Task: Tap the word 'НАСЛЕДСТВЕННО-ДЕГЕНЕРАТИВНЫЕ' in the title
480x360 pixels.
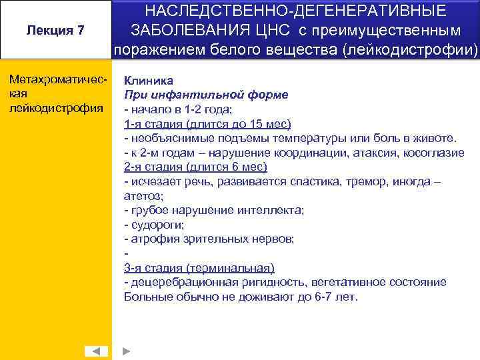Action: pyautogui.click(x=296, y=11)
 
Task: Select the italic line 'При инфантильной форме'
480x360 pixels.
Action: pyautogui.click(x=206, y=94)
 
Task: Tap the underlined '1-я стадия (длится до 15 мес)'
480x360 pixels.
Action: pyautogui.click(x=199, y=123)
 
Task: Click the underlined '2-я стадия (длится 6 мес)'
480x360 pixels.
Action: pyautogui.click(x=195, y=167)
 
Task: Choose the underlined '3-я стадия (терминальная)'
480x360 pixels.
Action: pyautogui.click(x=199, y=268)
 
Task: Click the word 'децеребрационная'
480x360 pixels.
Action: pyautogui.click(x=175, y=282)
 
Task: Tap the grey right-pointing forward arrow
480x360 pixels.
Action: pyautogui.click(x=128, y=351)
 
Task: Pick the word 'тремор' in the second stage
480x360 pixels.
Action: pyautogui.click(x=359, y=181)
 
